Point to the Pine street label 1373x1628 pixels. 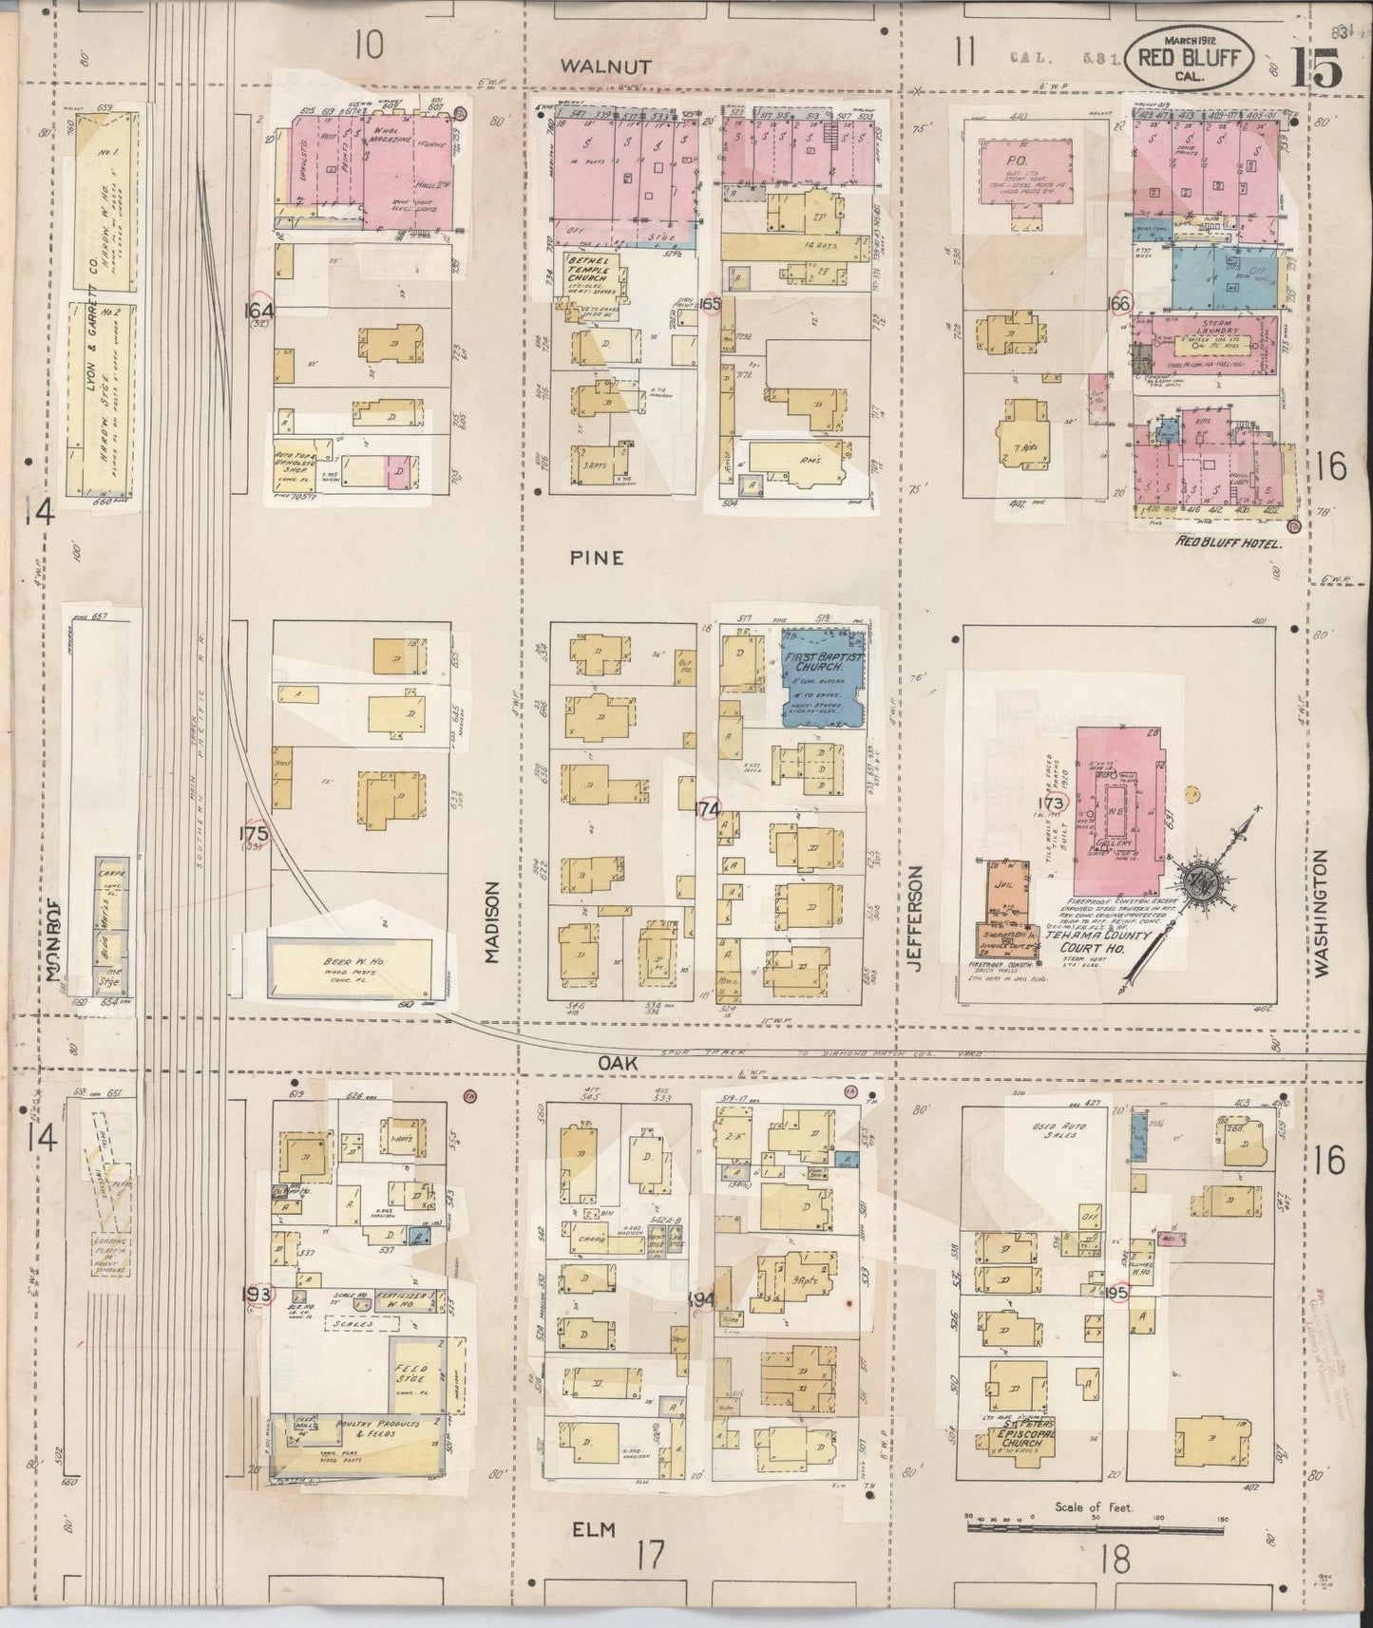click(597, 558)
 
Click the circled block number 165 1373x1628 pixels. click(709, 304)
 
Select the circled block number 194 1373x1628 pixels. click(701, 1298)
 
